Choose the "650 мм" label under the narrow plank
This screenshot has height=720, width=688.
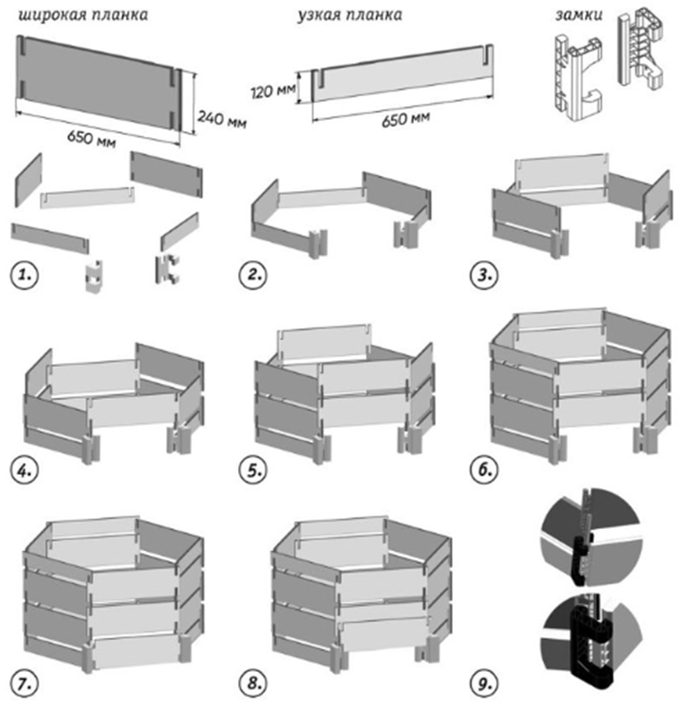pos(406,118)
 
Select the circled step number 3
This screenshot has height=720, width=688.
pos(485,274)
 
